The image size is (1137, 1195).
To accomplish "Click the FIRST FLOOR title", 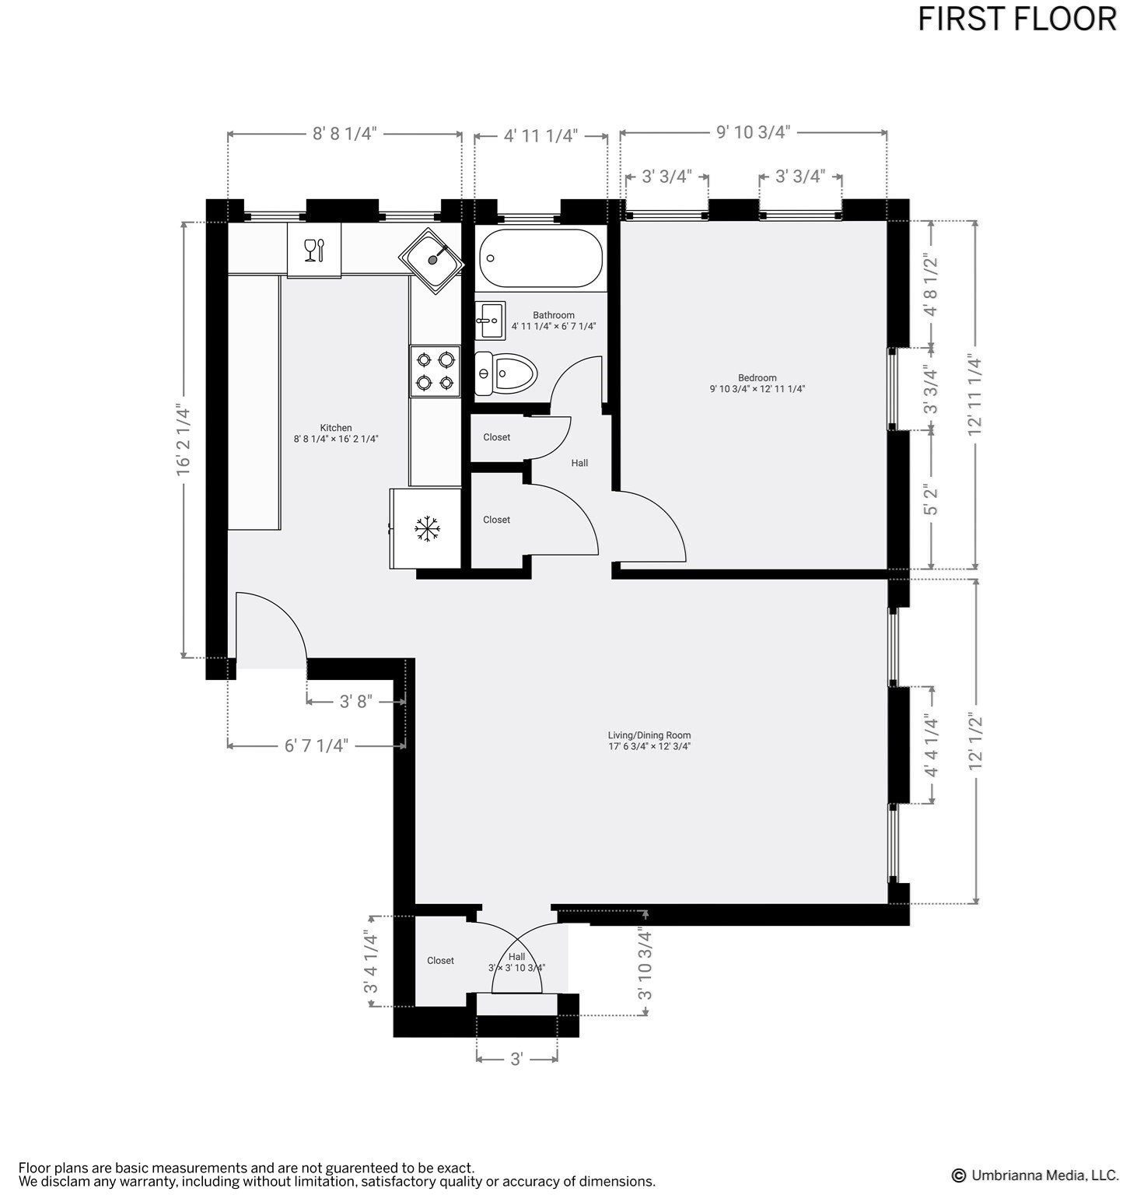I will tap(1016, 19).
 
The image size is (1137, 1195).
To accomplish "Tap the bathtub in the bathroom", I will tap(541, 258).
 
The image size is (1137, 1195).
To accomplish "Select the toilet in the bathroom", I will tap(507, 373).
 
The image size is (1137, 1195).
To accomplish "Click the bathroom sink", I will tap(491, 320).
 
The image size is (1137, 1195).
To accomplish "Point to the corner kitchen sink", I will tap(432, 260).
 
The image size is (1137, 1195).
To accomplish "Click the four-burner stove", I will tap(436, 371).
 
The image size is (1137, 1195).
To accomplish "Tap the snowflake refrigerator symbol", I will tap(427, 529).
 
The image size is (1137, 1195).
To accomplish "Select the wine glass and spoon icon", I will tap(314, 250).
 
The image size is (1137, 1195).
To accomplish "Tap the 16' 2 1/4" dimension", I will tap(184, 439).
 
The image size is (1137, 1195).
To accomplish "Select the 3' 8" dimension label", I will tap(356, 702).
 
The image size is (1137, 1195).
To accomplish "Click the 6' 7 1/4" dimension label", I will tap(316, 746).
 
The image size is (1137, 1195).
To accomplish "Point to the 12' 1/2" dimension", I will tap(975, 742).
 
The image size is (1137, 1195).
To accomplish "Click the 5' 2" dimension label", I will tap(931, 499).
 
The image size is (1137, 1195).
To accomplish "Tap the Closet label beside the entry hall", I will tap(440, 961).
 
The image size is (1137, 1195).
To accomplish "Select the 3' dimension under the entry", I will tap(516, 1060).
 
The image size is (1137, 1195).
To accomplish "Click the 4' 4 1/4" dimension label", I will tap(931, 745).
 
